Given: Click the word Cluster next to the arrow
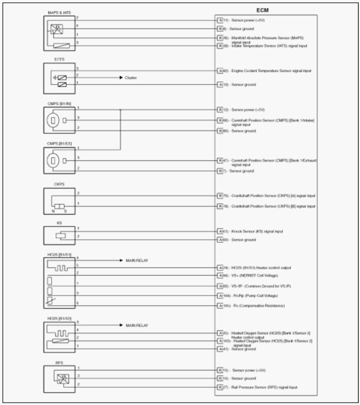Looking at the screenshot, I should point(132,77).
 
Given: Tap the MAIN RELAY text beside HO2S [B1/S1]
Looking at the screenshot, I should point(137,261).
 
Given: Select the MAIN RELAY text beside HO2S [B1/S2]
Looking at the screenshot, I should point(137,325).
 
